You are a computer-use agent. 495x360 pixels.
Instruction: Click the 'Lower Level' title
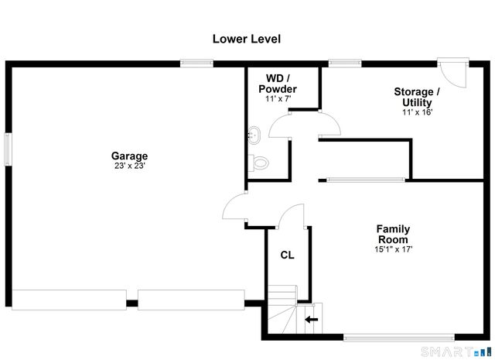(247, 38)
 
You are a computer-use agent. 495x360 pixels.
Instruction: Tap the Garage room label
(129, 156)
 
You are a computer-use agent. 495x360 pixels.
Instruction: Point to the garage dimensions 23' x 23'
(129, 166)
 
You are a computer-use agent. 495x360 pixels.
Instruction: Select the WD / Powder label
(277, 84)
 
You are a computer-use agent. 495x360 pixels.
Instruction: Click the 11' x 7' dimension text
(277, 99)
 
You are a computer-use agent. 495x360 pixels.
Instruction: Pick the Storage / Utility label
(417, 97)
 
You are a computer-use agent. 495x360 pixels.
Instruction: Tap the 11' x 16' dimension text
(417, 112)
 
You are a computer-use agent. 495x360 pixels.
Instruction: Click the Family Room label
(393, 234)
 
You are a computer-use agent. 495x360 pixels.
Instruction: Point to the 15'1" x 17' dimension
(393, 249)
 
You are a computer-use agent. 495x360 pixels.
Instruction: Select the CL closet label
(287, 255)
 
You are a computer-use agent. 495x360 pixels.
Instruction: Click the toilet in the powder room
(258, 163)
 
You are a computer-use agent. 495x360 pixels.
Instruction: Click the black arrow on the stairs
(311, 318)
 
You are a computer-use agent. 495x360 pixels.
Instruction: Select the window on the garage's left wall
(8, 148)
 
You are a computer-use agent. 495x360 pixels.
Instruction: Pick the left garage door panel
(69, 300)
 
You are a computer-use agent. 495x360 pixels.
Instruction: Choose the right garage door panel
(191, 300)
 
